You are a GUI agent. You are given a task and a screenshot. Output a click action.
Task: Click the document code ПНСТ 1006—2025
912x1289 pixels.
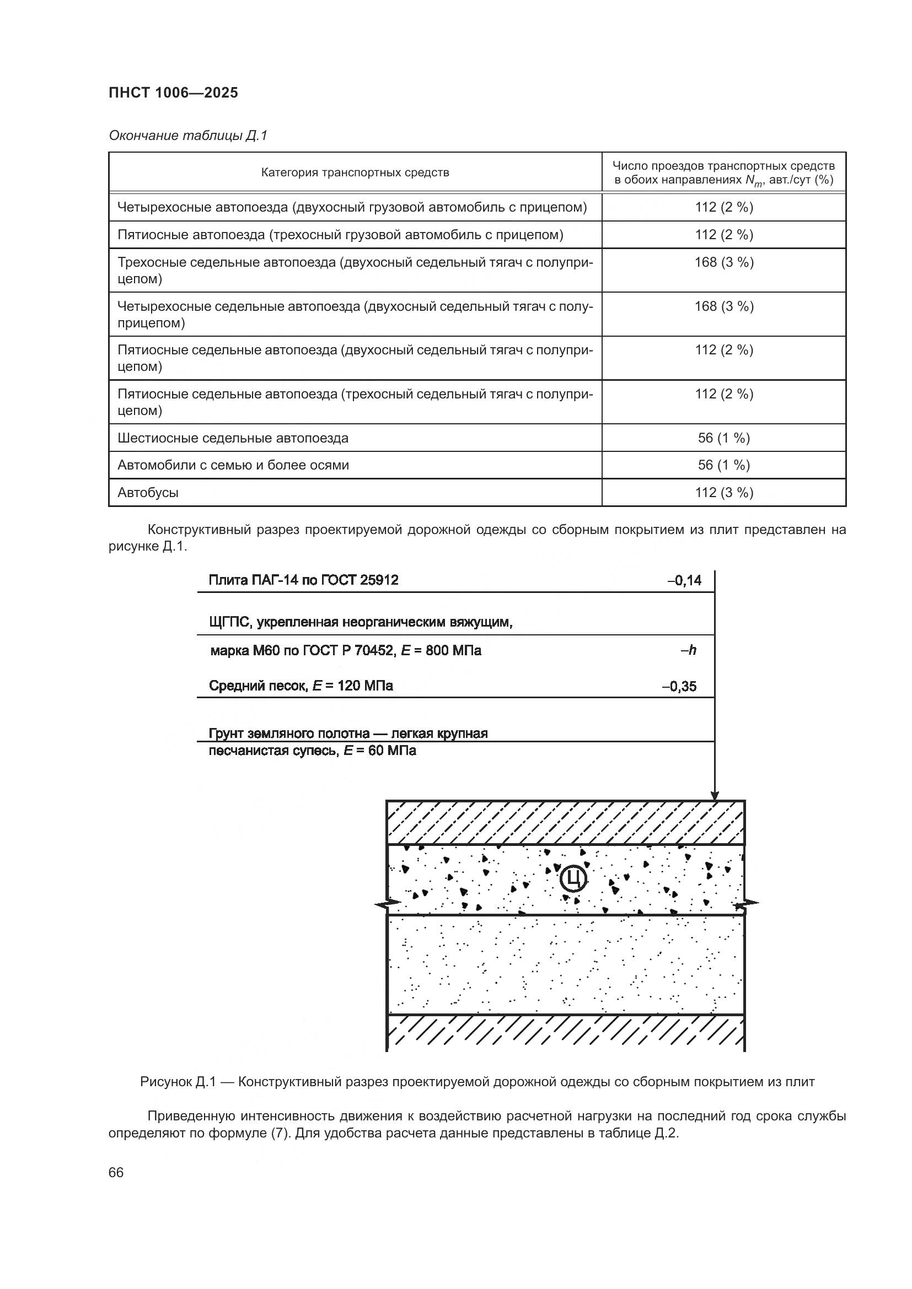[x=173, y=93]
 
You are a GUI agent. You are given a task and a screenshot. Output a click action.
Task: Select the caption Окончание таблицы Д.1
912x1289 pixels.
[x=188, y=136]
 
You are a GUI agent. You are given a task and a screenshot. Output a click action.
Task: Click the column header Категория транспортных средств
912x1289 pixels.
[x=355, y=172]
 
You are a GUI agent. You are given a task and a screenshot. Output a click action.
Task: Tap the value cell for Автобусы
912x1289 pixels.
[x=723, y=492]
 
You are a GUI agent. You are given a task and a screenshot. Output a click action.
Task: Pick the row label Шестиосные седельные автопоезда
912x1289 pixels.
[x=233, y=438]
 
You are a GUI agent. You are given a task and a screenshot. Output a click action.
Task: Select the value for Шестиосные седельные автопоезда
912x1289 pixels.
[x=723, y=438]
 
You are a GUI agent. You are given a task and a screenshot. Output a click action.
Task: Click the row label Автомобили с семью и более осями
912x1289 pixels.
[x=233, y=465]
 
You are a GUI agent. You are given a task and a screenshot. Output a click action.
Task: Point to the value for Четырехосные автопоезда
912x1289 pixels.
[x=723, y=207]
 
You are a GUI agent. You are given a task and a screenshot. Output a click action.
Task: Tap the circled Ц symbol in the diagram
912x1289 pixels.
[x=573, y=878]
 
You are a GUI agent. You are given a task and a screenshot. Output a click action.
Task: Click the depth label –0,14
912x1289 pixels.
[x=684, y=580]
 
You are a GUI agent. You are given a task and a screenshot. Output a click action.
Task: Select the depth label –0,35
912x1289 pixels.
[x=679, y=686]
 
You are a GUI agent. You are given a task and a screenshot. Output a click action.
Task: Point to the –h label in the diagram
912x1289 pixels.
[x=689, y=650]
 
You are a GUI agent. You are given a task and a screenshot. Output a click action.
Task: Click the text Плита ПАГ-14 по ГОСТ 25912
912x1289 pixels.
[x=303, y=580]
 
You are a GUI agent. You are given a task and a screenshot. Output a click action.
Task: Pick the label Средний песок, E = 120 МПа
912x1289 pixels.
[x=301, y=686]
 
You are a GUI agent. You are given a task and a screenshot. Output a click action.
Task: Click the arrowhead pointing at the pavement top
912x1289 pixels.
[x=714, y=796]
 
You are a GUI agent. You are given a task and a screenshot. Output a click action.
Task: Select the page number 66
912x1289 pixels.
[x=116, y=1172]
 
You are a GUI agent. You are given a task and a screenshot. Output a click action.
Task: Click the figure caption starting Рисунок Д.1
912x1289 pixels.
[x=477, y=1082]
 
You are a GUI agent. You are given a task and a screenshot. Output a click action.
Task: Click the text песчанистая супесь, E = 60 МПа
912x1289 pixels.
[x=312, y=751]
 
